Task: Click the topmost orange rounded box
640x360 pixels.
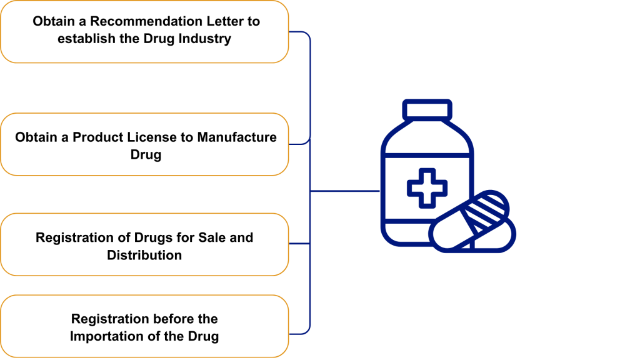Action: [x=144, y=32]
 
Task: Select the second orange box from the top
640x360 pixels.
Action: [x=144, y=144]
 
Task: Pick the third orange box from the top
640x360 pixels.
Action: [x=144, y=244]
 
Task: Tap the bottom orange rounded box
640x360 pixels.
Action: [x=144, y=326]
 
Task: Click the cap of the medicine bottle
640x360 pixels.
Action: [x=427, y=109]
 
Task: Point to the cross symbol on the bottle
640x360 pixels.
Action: [x=427, y=187]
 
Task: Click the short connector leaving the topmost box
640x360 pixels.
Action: [x=299, y=32]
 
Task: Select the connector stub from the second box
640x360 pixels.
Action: [x=299, y=144]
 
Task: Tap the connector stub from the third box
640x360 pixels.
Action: [x=299, y=244]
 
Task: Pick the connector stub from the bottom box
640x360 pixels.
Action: [x=299, y=333]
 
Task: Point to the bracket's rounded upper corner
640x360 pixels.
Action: [x=308, y=34]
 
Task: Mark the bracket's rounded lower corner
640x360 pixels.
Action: [x=308, y=331]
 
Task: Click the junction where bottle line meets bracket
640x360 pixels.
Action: [x=311, y=191]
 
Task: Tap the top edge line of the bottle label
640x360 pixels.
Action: [x=427, y=154]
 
